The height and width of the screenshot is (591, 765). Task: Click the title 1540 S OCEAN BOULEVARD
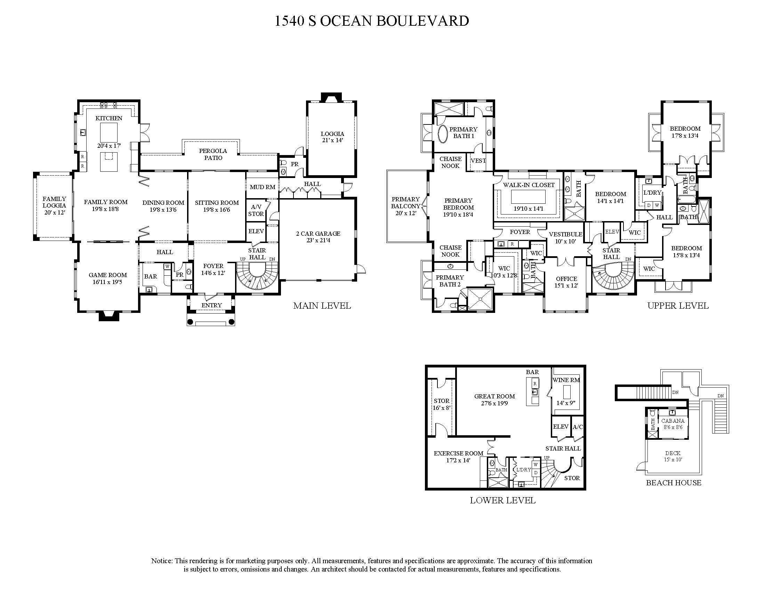371,21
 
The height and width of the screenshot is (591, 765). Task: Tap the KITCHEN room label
109,118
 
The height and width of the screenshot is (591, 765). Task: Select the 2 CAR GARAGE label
318,234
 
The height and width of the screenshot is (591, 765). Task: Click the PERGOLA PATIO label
213,154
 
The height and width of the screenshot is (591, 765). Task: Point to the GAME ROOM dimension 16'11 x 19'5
107,282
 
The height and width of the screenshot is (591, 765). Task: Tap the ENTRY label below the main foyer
211,305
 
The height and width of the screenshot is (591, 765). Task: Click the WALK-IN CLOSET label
529,185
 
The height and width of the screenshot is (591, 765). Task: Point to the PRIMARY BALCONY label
405,203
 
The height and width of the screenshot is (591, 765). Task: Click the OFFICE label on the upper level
566,279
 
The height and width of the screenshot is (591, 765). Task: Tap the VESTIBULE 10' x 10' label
565,238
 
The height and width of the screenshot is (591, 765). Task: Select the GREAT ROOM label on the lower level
494,396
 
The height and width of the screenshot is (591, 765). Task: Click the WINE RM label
566,380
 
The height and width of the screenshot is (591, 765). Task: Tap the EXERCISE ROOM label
458,453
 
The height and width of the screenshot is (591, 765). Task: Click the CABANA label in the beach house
673,421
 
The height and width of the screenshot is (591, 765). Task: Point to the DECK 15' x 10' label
673,456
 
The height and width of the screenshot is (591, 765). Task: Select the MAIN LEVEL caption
322,306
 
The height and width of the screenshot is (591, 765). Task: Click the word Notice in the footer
161,561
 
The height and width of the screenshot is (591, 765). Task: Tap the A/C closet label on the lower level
578,427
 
